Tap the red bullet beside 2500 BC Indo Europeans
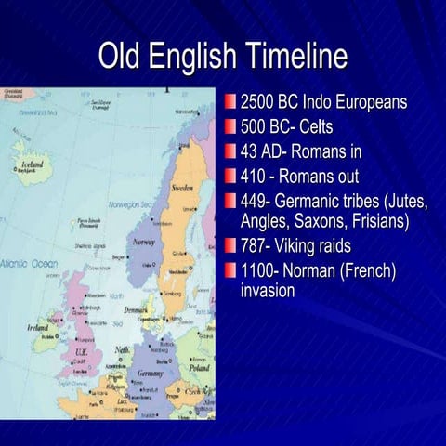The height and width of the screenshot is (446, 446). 230,101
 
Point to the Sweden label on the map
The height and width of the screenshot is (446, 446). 182,188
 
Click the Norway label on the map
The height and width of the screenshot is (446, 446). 143,242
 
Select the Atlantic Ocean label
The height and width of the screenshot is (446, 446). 29,264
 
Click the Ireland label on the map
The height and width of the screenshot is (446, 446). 38,328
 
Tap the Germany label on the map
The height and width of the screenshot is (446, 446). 150,373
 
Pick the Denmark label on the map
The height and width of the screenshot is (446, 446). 138,309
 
